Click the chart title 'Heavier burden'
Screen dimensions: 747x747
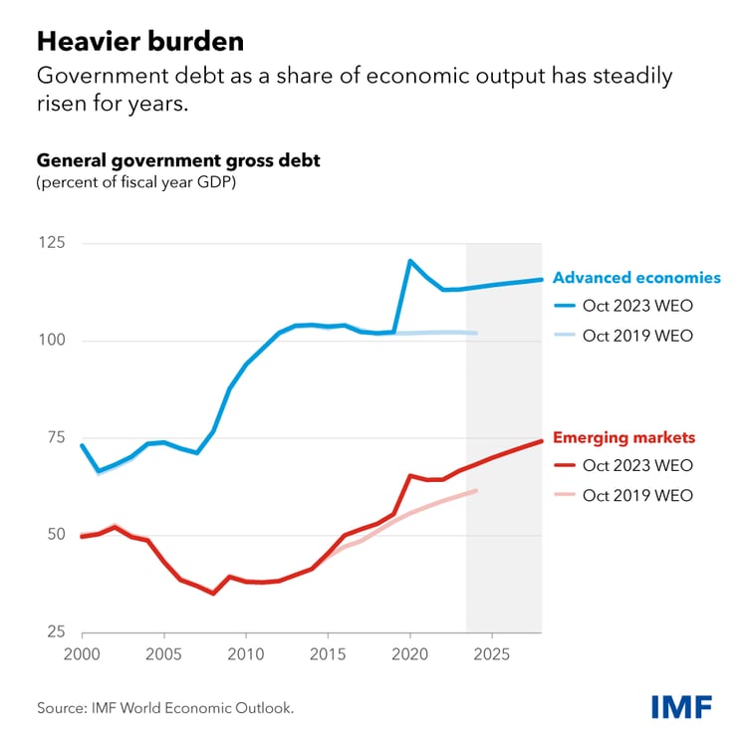click(x=140, y=43)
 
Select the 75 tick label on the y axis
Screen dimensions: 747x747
click(x=52, y=437)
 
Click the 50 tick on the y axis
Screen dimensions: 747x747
click(x=52, y=535)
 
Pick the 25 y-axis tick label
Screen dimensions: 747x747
click(x=52, y=631)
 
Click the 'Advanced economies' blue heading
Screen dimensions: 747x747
click(x=636, y=278)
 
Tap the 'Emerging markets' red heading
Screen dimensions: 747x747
click(x=623, y=437)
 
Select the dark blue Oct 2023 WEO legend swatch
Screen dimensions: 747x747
click(x=564, y=307)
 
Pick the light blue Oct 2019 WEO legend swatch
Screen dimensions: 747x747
click(x=564, y=336)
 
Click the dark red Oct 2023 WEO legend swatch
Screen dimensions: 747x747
click(x=564, y=465)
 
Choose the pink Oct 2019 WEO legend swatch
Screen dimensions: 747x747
click(x=564, y=495)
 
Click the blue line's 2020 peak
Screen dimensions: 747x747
click(x=410, y=261)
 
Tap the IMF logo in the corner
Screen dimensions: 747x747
click(x=681, y=707)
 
